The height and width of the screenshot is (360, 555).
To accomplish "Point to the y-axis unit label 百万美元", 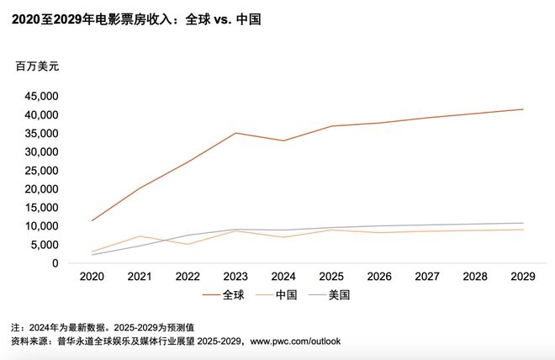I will (x=39, y=66).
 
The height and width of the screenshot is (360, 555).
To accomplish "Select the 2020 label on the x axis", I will (x=92, y=276).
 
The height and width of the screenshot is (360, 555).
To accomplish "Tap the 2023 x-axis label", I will (x=235, y=276).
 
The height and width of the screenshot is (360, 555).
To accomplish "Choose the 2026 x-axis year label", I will (x=379, y=276).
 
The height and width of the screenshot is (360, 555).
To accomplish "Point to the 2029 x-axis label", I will (x=523, y=276).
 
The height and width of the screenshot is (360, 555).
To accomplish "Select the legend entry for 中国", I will (x=277, y=295).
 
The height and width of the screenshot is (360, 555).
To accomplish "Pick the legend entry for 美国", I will (x=329, y=295).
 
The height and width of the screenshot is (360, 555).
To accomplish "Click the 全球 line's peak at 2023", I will (x=235, y=133).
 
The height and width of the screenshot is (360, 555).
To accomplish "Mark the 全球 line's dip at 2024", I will (x=283, y=140).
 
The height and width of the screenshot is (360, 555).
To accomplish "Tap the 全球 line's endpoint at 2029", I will (x=523, y=109).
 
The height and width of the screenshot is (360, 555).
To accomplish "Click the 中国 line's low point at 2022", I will (x=188, y=244).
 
